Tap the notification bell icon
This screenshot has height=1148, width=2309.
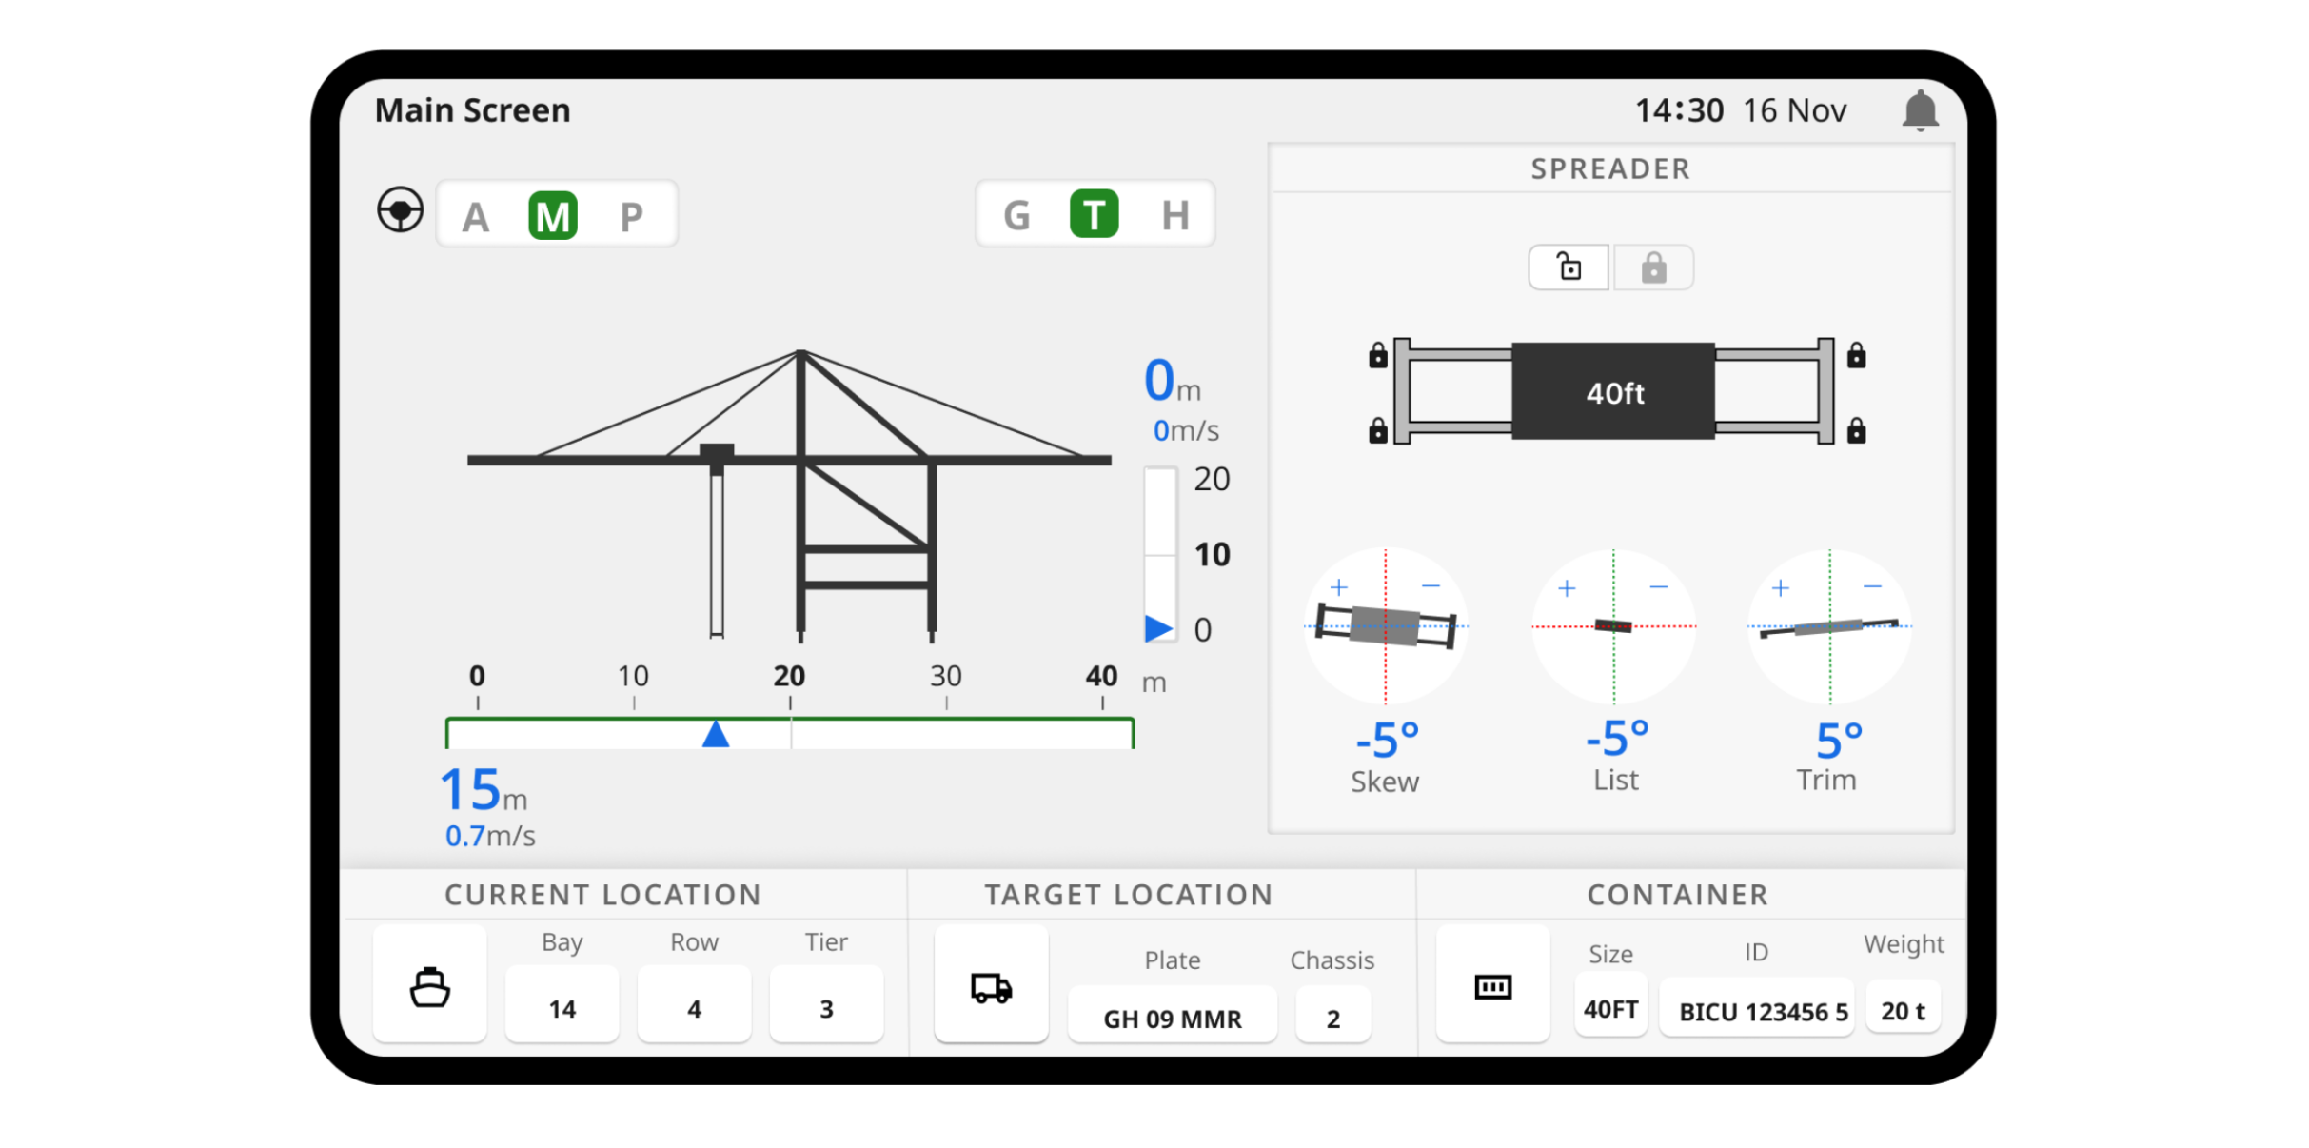click(x=1920, y=110)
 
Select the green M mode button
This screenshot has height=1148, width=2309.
click(x=552, y=215)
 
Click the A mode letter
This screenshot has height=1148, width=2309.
click(x=476, y=218)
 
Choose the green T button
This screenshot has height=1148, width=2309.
click(x=1094, y=213)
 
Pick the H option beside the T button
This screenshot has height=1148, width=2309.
click(x=1175, y=215)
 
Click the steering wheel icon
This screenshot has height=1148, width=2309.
click(x=400, y=209)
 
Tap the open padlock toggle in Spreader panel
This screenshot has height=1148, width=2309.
click(x=1569, y=267)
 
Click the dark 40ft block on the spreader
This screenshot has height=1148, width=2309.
click(x=1613, y=391)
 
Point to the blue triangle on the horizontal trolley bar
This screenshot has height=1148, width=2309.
click(x=715, y=733)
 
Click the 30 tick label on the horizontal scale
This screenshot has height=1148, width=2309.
click(x=945, y=676)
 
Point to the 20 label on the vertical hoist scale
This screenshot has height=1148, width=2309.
click(x=1212, y=479)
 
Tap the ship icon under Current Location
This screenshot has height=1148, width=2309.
click(x=429, y=987)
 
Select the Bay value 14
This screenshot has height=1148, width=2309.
click(x=562, y=1009)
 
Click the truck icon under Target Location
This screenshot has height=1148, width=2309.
click(x=991, y=988)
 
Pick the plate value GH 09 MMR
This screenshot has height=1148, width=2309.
click(x=1173, y=1019)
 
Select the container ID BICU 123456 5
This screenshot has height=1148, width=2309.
click(x=1763, y=1012)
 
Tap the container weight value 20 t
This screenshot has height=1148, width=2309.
click(x=1903, y=1011)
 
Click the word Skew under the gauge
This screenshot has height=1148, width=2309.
click(x=1385, y=782)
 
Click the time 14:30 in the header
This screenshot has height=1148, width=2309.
click(x=1679, y=111)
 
